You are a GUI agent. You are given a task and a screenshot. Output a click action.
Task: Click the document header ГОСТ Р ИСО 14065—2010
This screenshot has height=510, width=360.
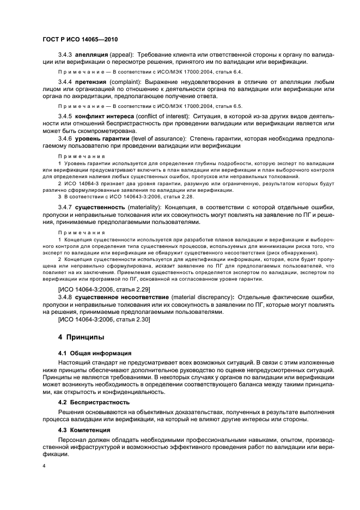[80, 40]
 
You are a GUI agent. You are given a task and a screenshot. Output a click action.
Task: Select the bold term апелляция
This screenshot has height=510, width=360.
[93, 55]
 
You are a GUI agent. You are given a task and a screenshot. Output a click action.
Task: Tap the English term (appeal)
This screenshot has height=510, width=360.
[123, 55]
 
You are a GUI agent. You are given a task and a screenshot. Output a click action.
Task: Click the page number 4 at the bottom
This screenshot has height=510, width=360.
[44, 466]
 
